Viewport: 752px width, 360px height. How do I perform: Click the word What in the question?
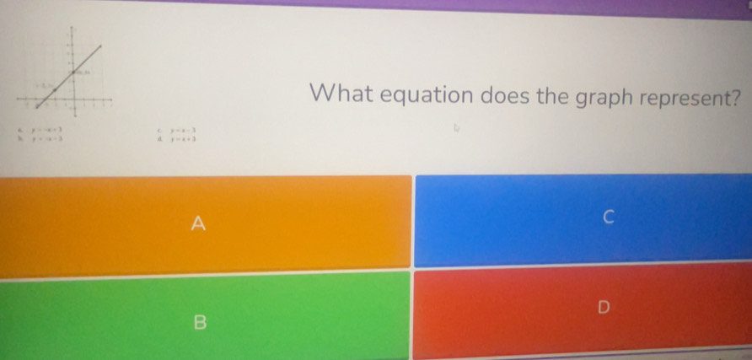click(x=340, y=95)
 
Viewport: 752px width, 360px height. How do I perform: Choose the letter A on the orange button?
click(x=198, y=223)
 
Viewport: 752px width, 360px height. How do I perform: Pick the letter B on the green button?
click(x=200, y=321)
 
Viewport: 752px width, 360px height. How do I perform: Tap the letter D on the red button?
click(x=602, y=309)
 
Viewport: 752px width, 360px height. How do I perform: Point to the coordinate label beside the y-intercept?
click(x=83, y=73)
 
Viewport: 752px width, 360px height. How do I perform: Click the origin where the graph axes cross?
click(x=74, y=99)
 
